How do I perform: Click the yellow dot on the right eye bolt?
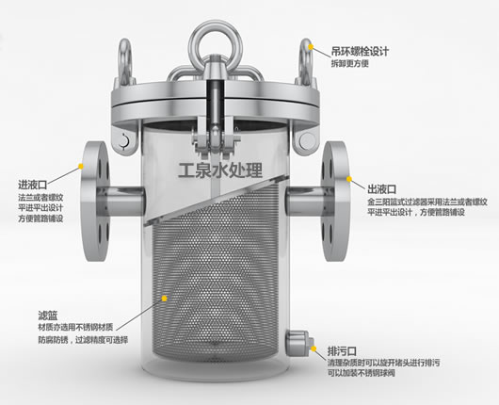[x=311, y=46]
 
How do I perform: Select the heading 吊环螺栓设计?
[x=360, y=51]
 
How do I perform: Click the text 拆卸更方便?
[x=349, y=64]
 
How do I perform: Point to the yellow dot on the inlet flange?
[x=81, y=166]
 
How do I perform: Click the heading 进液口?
[x=33, y=184]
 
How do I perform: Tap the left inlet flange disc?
[x=94, y=202]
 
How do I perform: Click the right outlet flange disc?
[x=335, y=202]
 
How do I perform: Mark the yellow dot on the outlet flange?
[x=349, y=179]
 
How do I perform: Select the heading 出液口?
[x=382, y=189]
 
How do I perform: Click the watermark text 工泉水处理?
[x=220, y=170]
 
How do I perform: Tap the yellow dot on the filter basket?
[x=164, y=299]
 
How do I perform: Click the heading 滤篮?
[x=48, y=316]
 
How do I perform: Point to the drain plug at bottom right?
[x=298, y=344]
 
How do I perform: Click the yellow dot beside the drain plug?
[x=314, y=348]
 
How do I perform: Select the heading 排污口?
[x=342, y=351]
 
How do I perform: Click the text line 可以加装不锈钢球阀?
[x=362, y=373]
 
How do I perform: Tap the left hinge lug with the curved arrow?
[x=124, y=140]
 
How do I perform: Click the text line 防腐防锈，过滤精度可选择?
[x=83, y=340]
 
